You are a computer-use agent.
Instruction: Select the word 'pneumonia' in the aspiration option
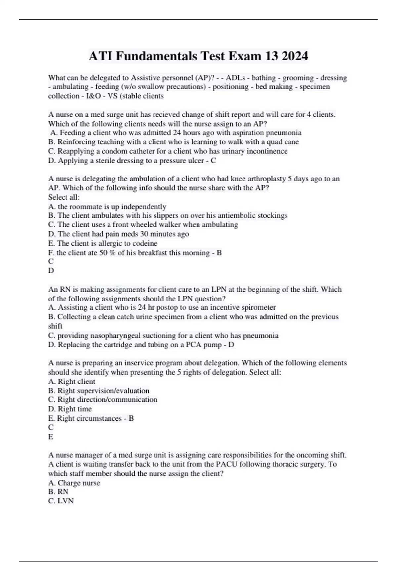(284, 133)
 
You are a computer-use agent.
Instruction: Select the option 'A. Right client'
(71, 381)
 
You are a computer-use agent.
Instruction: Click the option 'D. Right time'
(70, 409)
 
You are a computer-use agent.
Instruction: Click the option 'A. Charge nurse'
(74, 483)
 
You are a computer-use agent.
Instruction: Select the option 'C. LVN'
(61, 501)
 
